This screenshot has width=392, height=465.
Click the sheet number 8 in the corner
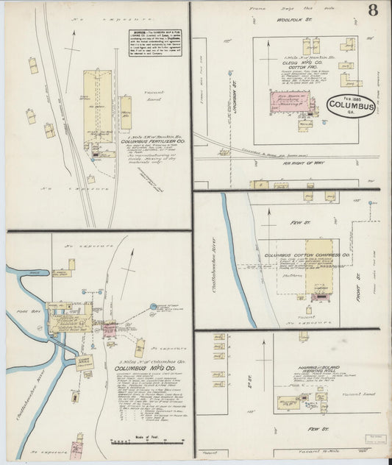[x=374, y=10]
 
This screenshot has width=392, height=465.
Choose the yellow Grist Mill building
[x=85, y=361]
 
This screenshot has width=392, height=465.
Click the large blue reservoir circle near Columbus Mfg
[x=154, y=306]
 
